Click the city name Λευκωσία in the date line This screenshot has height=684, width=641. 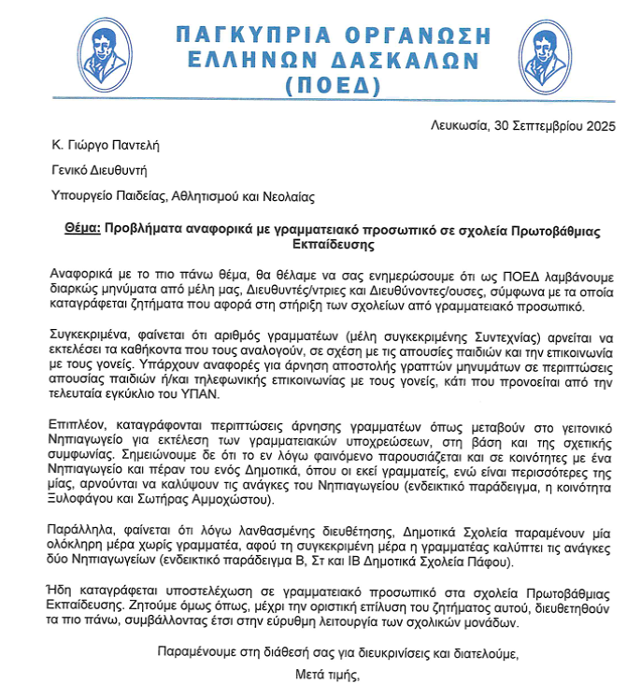coord(457,123)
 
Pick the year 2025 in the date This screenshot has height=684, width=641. coord(608,123)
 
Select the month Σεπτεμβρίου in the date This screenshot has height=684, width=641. coord(550,123)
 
